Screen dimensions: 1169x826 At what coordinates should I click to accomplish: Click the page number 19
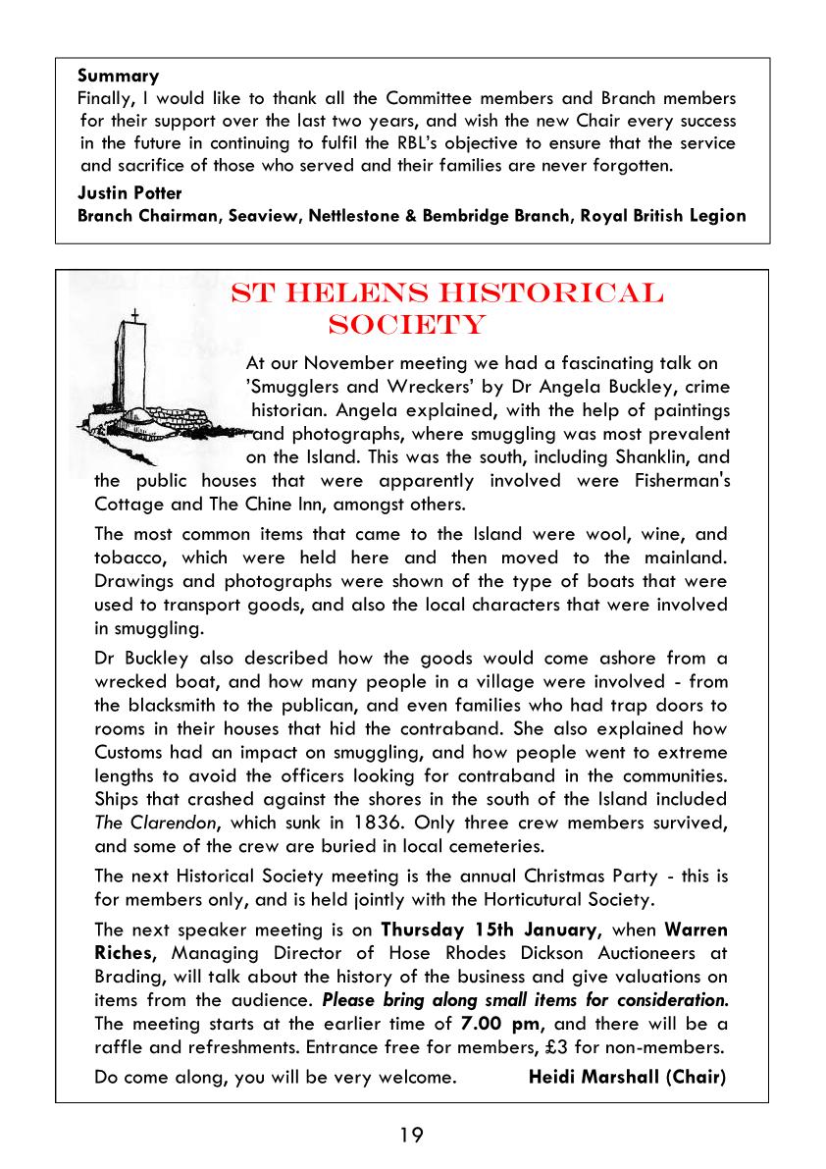412,1136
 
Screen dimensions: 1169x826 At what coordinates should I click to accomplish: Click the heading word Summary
118,76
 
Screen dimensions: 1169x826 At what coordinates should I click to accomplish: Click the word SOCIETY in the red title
406,325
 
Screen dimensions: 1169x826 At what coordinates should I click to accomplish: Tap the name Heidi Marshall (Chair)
627,1077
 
